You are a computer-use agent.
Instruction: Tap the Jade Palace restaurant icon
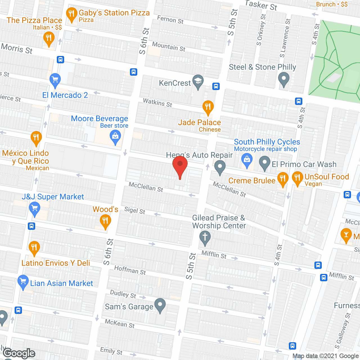pyautogui.click(x=208, y=107)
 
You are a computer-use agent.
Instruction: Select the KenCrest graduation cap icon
pyautogui.click(x=198, y=81)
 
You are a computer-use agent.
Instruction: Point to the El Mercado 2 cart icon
pyautogui.click(x=55, y=80)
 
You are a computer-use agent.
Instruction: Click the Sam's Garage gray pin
pyautogui.click(x=160, y=305)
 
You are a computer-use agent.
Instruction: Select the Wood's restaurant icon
pyautogui.click(x=105, y=221)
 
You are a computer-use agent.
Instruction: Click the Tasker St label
pyautogui.click(x=261, y=5)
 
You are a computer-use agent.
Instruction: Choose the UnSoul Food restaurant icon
pyautogui.click(x=297, y=178)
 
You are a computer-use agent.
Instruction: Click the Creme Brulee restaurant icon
pyautogui.click(x=283, y=179)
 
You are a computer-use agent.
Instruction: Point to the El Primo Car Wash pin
pyautogui.click(x=264, y=163)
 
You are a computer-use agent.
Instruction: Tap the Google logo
pyautogui.click(x=19, y=353)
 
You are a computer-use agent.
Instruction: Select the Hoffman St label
pyautogui.click(x=130, y=270)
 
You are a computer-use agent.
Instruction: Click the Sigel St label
pyautogui.click(x=135, y=210)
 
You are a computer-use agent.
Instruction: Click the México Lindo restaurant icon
pyautogui.click(x=36, y=138)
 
